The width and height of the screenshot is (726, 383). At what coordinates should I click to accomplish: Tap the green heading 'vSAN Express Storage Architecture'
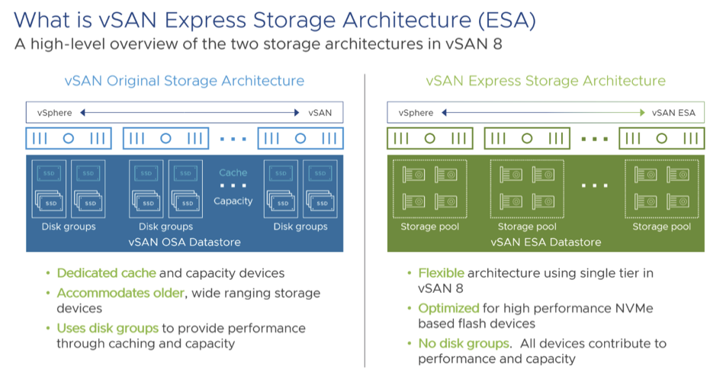pos(545,81)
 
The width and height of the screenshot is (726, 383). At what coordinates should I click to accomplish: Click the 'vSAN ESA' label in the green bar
pos(673,113)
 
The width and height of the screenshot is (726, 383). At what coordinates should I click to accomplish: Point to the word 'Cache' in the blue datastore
pos(233,172)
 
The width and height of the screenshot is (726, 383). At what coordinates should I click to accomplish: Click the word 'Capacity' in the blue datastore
pos(233,201)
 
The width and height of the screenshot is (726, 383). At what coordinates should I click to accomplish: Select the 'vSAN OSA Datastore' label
pos(185,242)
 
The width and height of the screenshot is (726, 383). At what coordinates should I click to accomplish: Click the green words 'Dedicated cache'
pos(106,273)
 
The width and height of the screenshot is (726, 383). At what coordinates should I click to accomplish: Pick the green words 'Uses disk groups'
pos(108,328)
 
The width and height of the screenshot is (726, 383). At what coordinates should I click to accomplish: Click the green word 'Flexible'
pos(441,273)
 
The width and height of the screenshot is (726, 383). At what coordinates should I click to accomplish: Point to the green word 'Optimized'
pos(448,308)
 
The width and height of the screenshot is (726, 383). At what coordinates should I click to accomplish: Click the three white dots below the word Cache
pos(233,186)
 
